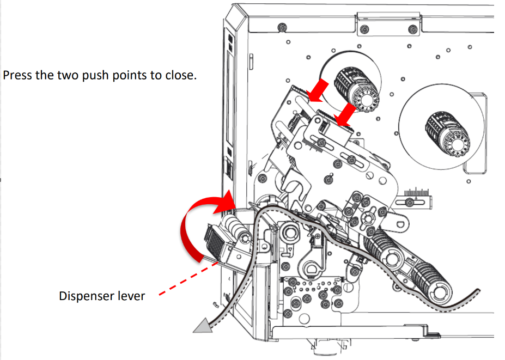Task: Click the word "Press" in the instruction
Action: coord(16,75)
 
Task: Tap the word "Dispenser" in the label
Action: coord(86,296)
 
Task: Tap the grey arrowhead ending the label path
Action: coord(202,326)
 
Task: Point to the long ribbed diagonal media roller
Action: coord(406,261)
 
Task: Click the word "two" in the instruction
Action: coord(69,75)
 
